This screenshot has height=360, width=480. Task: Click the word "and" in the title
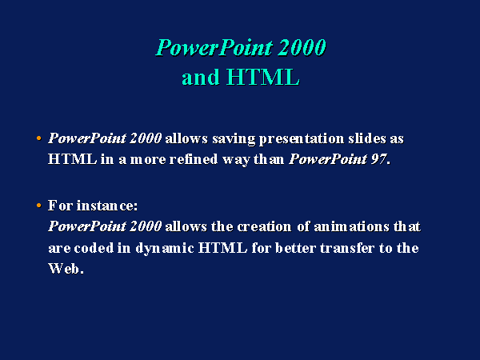pyautogui.click(x=201, y=77)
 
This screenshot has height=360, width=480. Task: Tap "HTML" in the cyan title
pyautogui.click(x=263, y=77)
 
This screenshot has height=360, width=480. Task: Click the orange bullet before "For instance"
pyautogui.click(x=38, y=205)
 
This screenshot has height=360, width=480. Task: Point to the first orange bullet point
pyautogui.click(x=38, y=138)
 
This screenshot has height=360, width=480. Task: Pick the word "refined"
pyautogui.click(x=193, y=159)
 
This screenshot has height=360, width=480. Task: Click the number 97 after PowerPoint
pyautogui.click(x=378, y=159)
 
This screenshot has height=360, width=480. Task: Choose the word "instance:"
pyautogui.click(x=107, y=206)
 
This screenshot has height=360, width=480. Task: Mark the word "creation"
pyautogui.click(x=264, y=226)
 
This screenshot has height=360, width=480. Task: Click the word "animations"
pyautogui.click(x=351, y=226)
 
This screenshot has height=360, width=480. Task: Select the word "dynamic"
pyautogui.click(x=165, y=249)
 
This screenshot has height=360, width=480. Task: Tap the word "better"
pyautogui.click(x=295, y=248)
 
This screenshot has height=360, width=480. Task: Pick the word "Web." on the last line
pyautogui.click(x=66, y=269)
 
